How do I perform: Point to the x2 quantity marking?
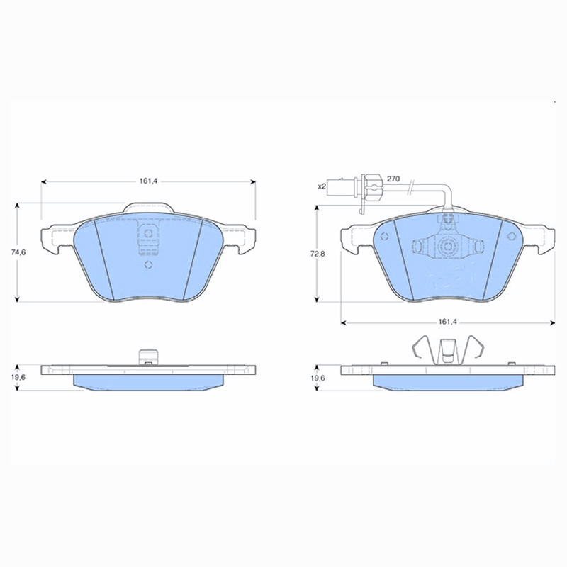(x=321, y=186)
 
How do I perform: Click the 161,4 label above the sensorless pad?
(x=147, y=181)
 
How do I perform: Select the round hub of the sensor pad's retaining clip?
(x=447, y=249)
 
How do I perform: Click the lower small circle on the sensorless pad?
(x=148, y=266)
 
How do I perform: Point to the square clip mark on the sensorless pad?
(x=148, y=235)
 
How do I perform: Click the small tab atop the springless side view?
(x=147, y=357)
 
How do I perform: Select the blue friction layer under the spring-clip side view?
(x=447, y=381)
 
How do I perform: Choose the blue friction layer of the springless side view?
(x=148, y=381)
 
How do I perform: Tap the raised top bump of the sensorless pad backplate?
(x=148, y=208)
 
